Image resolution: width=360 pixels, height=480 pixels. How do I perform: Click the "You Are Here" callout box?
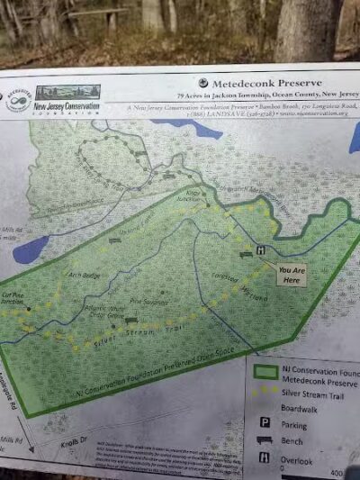pyautogui.click(x=290, y=274)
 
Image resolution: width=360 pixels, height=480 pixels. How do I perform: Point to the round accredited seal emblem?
pyautogui.click(x=17, y=100)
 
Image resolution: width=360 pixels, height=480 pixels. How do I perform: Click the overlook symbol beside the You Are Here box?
pyautogui.click(x=261, y=249)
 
